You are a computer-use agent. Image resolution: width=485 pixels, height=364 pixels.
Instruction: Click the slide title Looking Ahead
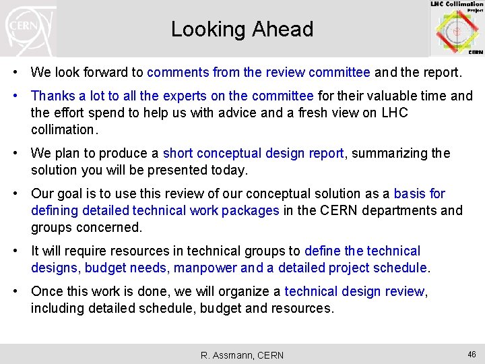pyautogui.click(x=242, y=30)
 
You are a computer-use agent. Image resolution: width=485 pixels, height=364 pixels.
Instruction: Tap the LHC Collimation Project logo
pyautogui.click(x=457, y=28)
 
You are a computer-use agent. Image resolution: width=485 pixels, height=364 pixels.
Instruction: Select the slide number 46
pyautogui.click(x=471, y=354)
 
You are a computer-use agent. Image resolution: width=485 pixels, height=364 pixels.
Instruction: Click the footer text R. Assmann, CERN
pyautogui.click(x=243, y=355)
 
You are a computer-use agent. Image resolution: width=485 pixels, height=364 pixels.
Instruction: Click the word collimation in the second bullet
pyautogui.click(x=64, y=129)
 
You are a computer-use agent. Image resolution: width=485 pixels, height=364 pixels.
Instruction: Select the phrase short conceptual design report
pyautogui.click(x=254, y=153)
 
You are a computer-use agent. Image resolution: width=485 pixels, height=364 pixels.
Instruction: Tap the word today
pyautogui.click(x=230, y=169)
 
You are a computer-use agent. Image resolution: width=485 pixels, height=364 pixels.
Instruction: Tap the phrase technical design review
pyautogui.click(x=354, y=292)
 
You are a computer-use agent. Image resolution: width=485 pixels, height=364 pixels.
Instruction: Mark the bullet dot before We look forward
pyautogui.click(x=21, y=71)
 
